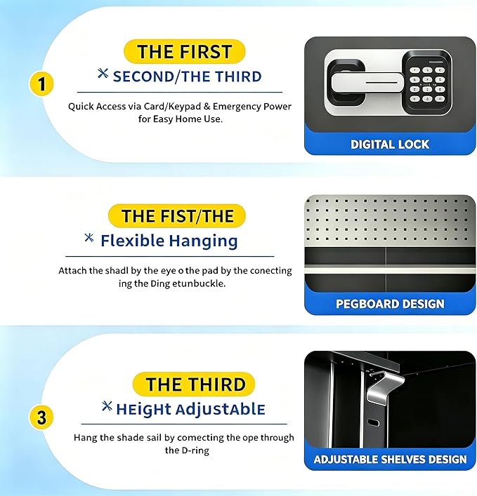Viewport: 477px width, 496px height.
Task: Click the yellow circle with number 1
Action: (x=41, y=84)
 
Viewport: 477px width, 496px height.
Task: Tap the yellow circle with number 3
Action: (x=41, y=417)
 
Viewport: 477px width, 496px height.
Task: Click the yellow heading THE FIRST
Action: (x=185, y=51)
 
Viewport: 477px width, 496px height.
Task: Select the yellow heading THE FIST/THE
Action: (x=177, y=216)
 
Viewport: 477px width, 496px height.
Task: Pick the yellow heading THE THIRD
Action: (x=194, y=384)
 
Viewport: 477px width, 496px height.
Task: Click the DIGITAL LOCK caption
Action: (x=390, y=145)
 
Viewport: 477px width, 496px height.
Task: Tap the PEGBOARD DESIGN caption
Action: (x=390, y=304)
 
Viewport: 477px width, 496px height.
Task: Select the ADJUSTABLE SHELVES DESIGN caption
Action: (x=390, y=460)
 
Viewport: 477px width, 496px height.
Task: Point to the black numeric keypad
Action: (x=426, y=83)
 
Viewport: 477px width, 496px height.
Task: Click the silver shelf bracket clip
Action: (x=384, y=387)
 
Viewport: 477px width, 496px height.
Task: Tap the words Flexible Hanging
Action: (x=169, y=241)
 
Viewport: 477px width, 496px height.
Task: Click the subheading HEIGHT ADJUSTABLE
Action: (x=190, y=409)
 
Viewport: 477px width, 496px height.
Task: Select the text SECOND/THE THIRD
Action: (x=187, y=76)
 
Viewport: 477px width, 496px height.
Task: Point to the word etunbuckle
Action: (x=199, y=283)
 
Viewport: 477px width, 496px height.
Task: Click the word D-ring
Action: (x=196, y=450)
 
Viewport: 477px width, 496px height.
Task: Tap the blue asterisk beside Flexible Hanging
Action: (x=89, y=238)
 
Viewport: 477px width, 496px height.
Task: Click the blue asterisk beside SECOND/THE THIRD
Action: (x=103, y=74)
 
